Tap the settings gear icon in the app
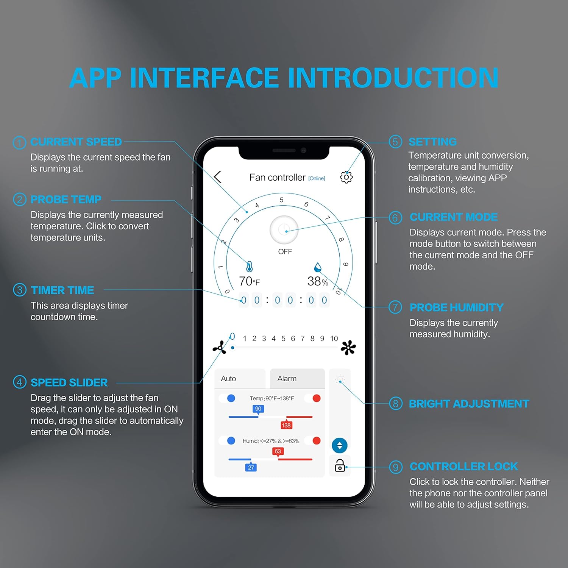(346, 177)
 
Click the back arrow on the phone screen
(218, 177)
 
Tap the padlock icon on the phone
(340, 465)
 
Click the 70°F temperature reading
(249, 281)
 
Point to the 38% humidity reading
(317, 281)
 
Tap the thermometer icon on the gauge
(249, 267)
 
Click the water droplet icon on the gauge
(318, 267)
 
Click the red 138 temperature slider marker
(286, 425)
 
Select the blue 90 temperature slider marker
(258, 409)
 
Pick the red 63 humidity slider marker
(278, 451)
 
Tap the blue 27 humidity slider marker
(251, 468)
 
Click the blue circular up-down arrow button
(340, 446)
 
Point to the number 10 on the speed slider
(334, 339)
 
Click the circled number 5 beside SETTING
(395, 142)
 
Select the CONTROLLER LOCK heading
(463, 467)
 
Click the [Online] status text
(317, 178)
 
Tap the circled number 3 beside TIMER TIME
(20, 290)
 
